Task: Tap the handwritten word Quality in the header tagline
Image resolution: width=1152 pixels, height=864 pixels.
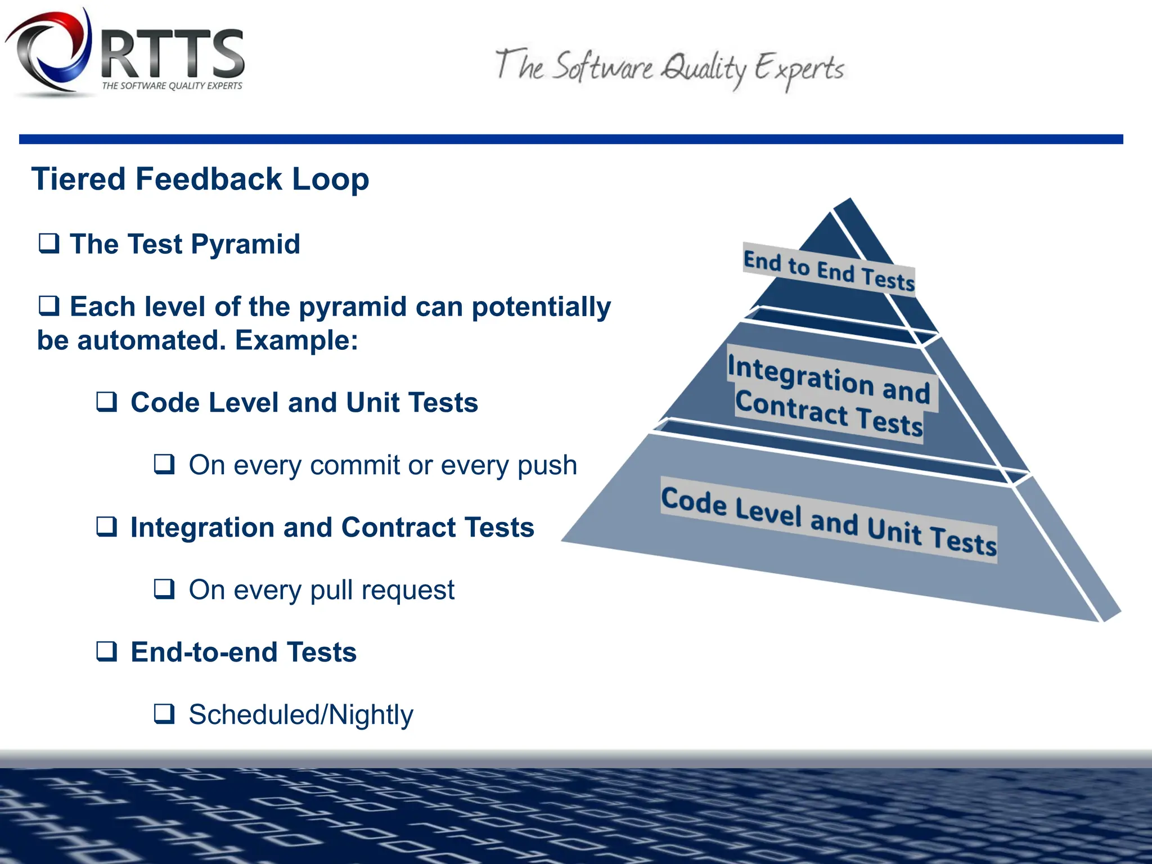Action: [703, 70]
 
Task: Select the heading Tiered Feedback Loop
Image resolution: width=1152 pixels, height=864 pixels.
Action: [200, 179]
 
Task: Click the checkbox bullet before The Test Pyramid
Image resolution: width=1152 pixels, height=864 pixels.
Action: [49, 243]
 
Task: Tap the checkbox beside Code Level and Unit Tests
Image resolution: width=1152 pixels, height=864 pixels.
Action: [107, 402]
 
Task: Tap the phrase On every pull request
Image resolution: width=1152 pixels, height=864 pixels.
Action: [321, 590]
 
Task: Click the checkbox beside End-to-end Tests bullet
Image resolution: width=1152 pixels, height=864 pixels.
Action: [107, 651]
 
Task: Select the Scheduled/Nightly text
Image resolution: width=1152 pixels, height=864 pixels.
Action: [301, 715]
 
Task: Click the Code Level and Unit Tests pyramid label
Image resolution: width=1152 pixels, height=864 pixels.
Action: [829, 520]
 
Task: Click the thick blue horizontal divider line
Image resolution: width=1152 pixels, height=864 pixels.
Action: [571, 139]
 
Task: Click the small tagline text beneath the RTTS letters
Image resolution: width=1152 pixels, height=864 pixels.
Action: [172, 86]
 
